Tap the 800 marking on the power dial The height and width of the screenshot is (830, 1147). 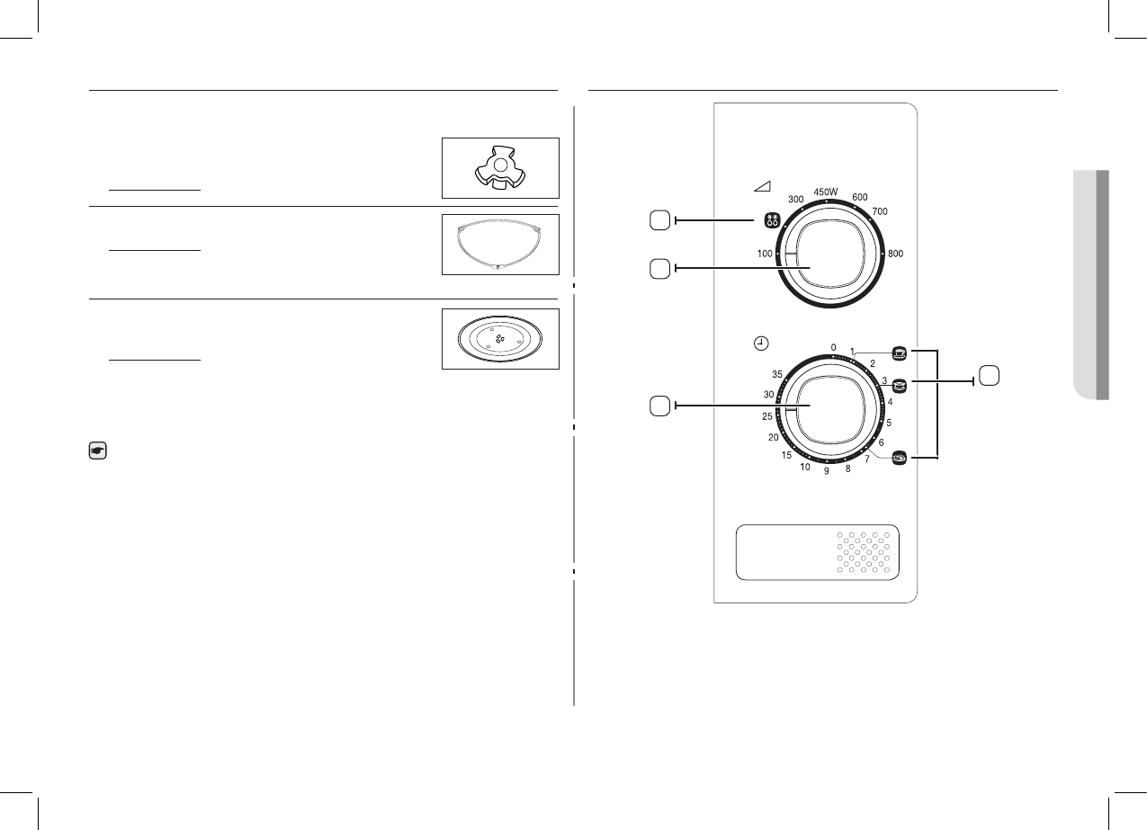pos(895,254)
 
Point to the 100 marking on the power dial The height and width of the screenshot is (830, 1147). pos(765,254)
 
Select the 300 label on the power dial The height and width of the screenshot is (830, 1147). pos(795,199)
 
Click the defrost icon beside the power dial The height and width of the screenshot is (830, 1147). pos(770,219)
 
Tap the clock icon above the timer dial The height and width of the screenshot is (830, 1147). pos(761,344)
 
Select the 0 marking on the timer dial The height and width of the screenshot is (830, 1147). pos(833,347)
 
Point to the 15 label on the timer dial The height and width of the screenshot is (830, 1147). pos(786,456)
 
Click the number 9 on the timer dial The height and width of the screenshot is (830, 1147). pos(827,471)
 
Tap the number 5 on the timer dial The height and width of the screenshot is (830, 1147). pos(889,422)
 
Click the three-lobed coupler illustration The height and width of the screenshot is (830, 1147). pos(500,169)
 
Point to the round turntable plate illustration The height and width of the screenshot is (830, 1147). pos(500,340)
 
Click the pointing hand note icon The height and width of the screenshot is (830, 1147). pos(98,452)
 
